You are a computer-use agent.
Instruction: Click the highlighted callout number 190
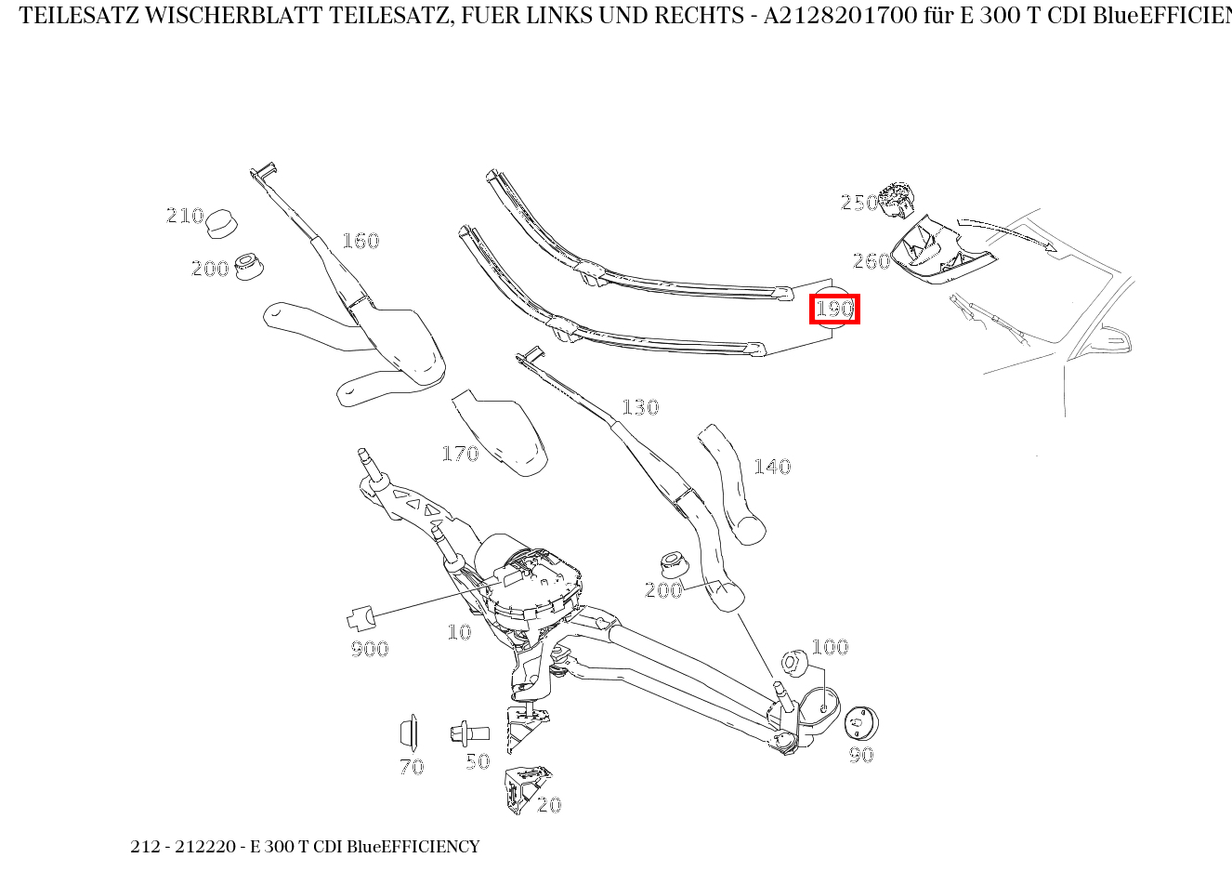pyautogui.click(x=834, y=309)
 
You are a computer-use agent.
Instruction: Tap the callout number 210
pyautogui.click(x=185, y=215)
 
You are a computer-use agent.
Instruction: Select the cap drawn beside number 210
pyautogui.click(x=222, y=223)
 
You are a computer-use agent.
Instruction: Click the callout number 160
pyautogui.click(x=360, y=241)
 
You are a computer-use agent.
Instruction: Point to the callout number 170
pyautogui.click(x=460, y=454)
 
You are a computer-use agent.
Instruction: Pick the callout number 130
pyautogui.click(x=640, y=407)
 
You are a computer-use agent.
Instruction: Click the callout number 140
pyautogui.click(x=772, y=467)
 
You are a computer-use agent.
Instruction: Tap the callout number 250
pyautogui.click(x=859, y=203)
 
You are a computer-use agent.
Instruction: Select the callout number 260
pyautogui.click(x=872, y=261)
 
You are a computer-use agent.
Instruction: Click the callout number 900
pyautogui.click(x=370, y=649)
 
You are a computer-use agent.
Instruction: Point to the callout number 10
pyautogui.click(x=459, y=632)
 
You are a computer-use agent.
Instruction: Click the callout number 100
pyautogui.click(x=830, y=646)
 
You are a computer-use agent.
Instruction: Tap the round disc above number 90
pyautogui.click(x=861, y=723)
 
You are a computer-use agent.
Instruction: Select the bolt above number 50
pyautogui.click(x=469, y=733)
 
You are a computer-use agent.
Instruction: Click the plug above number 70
pyautogui.click(x=409, y=732)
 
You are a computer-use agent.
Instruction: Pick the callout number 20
pyautogui.click(x=549, y=805)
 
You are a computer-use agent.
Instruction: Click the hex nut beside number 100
pyautogui.click(x=794, y=663)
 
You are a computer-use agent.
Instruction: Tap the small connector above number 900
pyautogui.click(x=360, y=618)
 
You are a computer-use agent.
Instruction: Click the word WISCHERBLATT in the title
pyautogui.click(x=234, y=16)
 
